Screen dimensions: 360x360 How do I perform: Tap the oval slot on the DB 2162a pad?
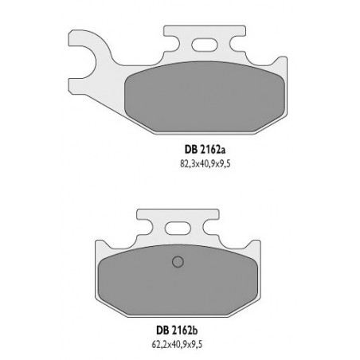[205, 45]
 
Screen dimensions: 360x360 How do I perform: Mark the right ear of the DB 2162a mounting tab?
[236, 34]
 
